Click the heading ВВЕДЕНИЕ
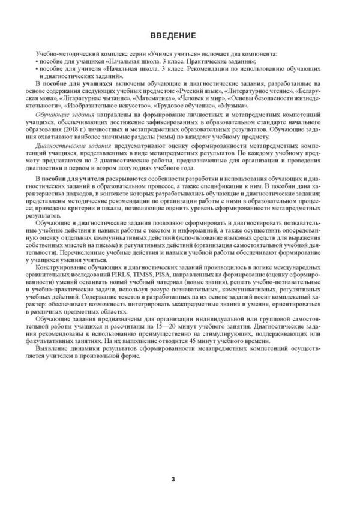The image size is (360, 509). coord(180,35)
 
